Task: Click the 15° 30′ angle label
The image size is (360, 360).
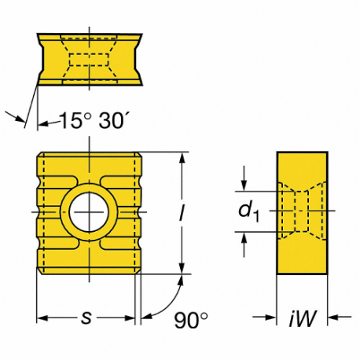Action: click(86, 122)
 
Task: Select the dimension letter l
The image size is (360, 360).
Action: click(182, 213)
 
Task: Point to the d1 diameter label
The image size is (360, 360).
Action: click(248, 211)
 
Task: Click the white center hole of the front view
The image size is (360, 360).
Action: click(88, 212)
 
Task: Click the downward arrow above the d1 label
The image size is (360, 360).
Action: click(246, 185)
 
